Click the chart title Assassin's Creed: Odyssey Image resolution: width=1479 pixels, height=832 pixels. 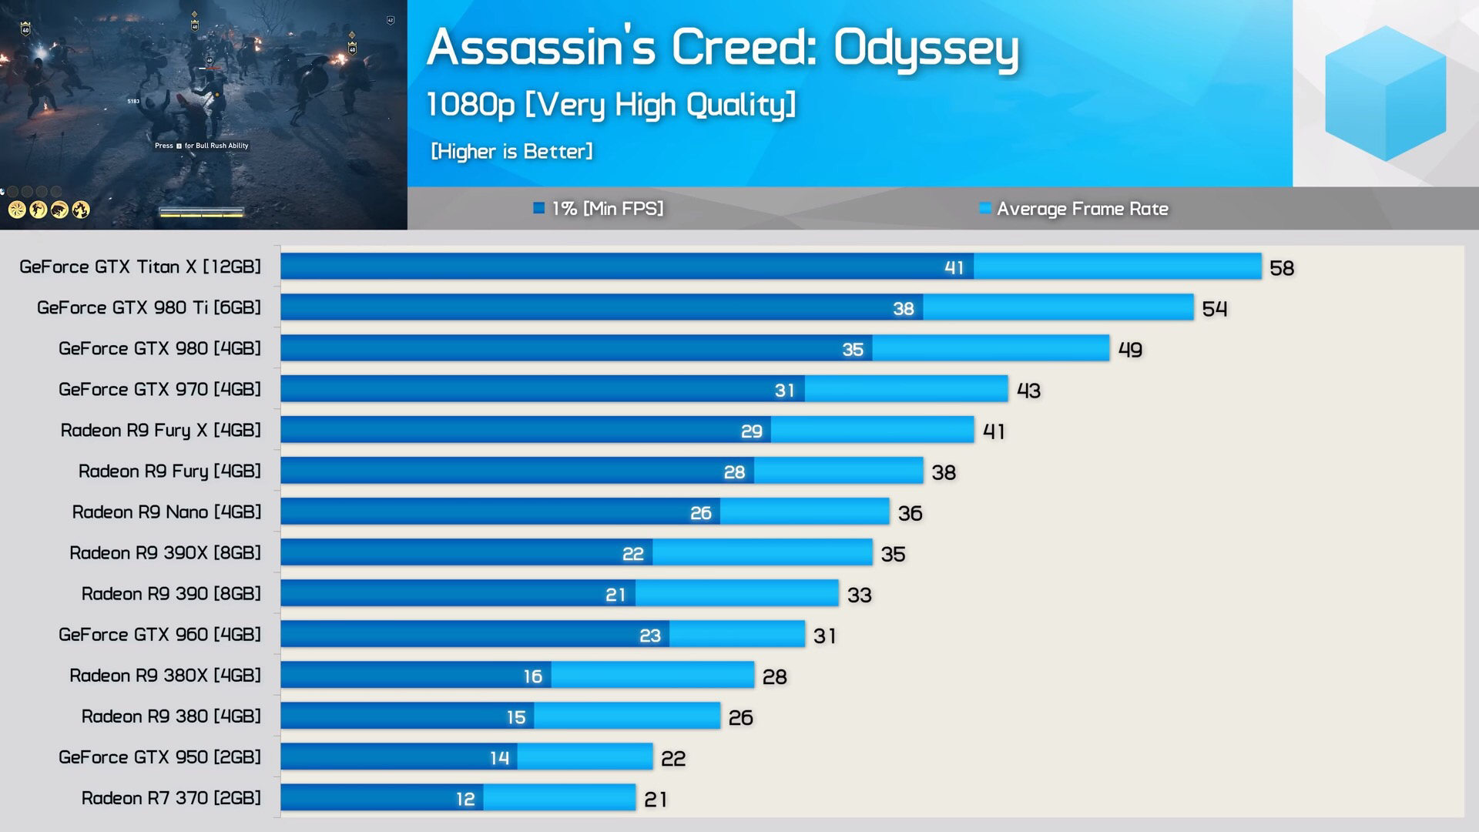tap(723, 48)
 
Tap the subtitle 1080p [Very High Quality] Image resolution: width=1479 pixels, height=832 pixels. tap(610, 105)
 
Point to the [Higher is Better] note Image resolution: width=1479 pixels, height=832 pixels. tap(511, 151)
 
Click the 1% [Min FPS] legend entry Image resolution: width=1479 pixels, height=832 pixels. tap(599, 208)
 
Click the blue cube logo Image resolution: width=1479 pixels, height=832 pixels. tap(1385, 92)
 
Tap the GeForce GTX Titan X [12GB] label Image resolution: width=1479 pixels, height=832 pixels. tap(140, 267)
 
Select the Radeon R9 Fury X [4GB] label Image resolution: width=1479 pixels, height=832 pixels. tap(160, 430)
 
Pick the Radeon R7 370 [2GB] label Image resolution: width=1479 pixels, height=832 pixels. tap(171, 798)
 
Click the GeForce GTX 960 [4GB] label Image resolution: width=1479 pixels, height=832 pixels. tap(159, 634)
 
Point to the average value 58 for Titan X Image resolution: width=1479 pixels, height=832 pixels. tap(1282, 268)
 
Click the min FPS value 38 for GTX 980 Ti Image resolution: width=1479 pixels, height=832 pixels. tap(903, 309)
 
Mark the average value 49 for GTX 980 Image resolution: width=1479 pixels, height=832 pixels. tap(1130, 350)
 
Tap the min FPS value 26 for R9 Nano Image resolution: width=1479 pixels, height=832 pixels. tap(700, 513)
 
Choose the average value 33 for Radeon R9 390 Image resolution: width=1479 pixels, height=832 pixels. tap(859, 595)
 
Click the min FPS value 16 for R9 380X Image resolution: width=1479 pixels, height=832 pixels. tap(532, 676)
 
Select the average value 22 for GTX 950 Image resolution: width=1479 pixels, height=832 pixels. tap(672, 759)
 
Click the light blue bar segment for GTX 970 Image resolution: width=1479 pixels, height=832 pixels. tap(906, 389)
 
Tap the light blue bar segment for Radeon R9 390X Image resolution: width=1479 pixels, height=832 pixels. tap(762, 552)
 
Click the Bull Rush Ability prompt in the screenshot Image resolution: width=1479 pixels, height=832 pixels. tap(202, 146)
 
